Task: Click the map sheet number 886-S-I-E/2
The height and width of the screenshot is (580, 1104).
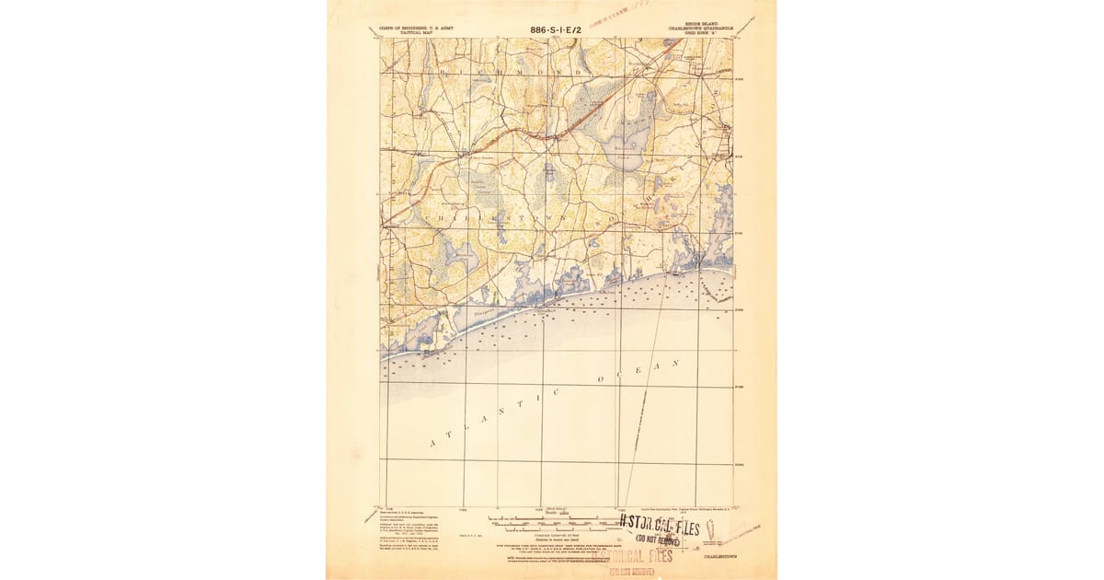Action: [x=555, y=29]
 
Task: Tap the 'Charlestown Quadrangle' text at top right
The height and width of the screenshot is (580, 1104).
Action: [x=698, y=29]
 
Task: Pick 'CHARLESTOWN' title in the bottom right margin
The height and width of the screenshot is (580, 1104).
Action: [x=719, y=557]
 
